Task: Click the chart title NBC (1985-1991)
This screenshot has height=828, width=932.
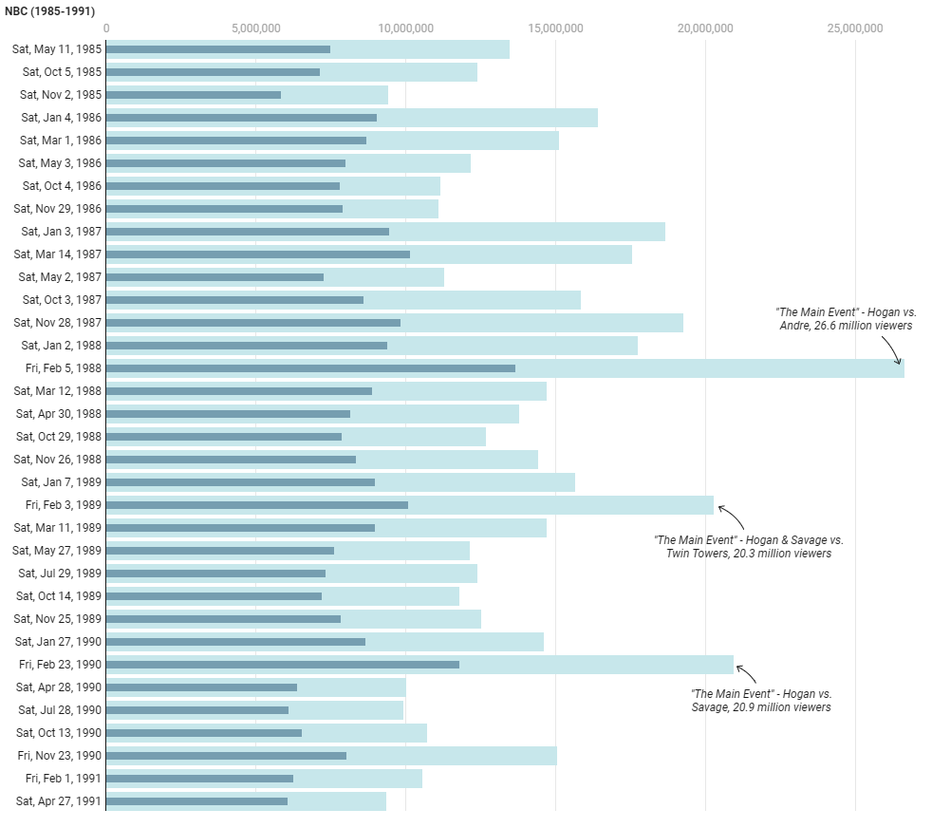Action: [x=49, y=11]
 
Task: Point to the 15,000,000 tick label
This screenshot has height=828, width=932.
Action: [x=555, y=28]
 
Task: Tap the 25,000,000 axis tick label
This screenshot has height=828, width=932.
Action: [x=855, y=28]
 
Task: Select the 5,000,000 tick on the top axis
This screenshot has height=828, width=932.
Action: [x=255, y=28]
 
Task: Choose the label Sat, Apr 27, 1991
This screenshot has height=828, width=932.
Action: [x=59, y=801]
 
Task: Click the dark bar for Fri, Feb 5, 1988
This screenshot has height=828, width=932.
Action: [x=310, y=368]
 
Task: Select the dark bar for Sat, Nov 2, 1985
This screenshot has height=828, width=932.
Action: [x=194, y=95]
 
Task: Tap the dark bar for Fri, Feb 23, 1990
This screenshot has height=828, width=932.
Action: [x=283, y=665]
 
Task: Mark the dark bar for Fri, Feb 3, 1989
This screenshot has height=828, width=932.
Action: [x=257, y=505]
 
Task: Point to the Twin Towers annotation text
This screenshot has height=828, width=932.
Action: [x=748, y=546]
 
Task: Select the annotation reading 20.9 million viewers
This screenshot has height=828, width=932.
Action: [x=761, y=700]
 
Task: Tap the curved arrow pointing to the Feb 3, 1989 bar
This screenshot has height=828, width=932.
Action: [x=732, y=517]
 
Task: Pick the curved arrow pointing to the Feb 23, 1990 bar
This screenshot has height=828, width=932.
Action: [x=748, y=673]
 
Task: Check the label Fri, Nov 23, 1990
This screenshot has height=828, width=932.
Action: [x=59, y=756]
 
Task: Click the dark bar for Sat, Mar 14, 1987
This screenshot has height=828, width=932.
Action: [x=258, y=254]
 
